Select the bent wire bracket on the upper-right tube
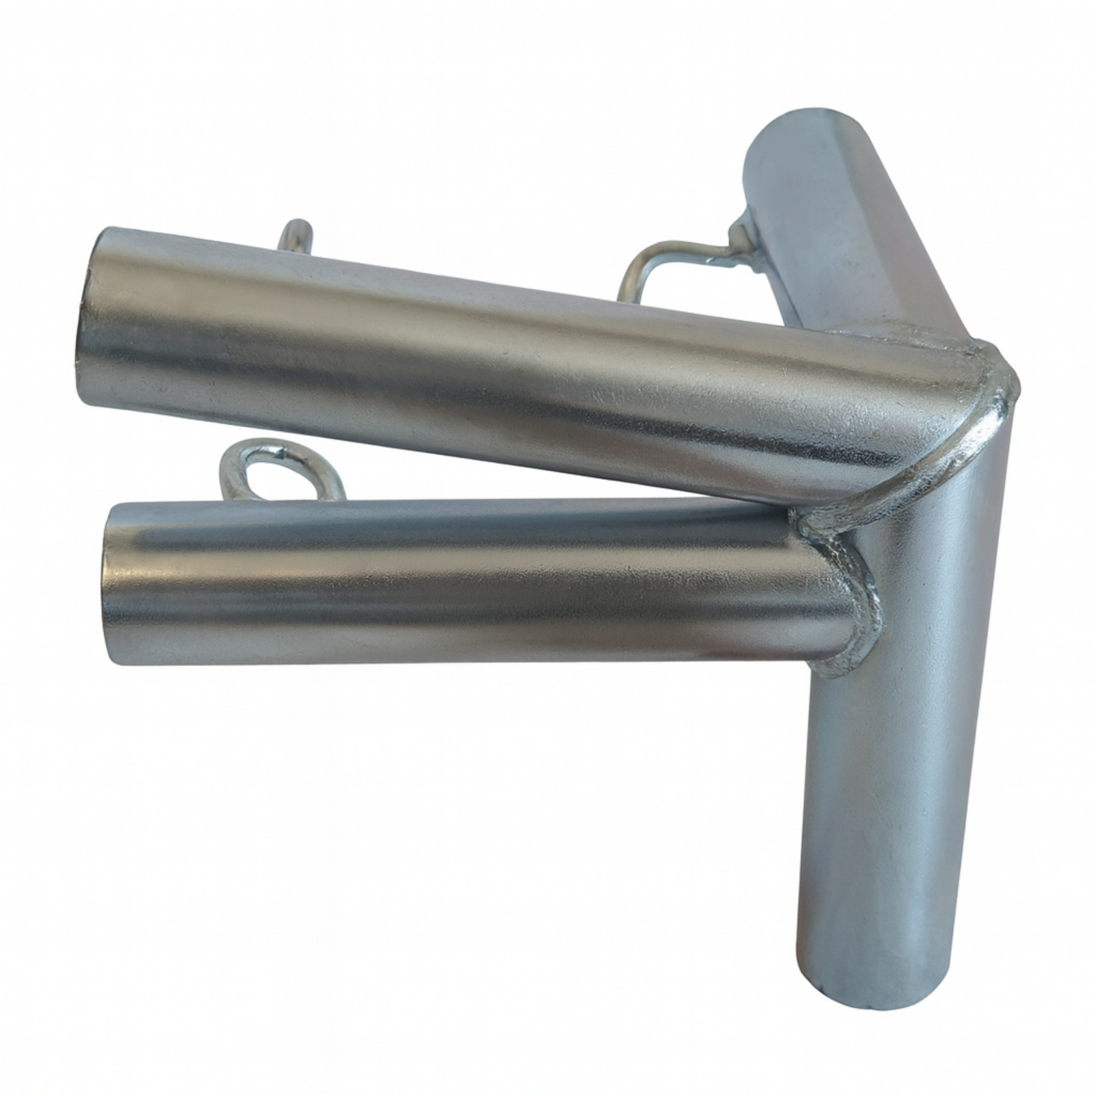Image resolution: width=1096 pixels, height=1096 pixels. coord(667,262)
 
